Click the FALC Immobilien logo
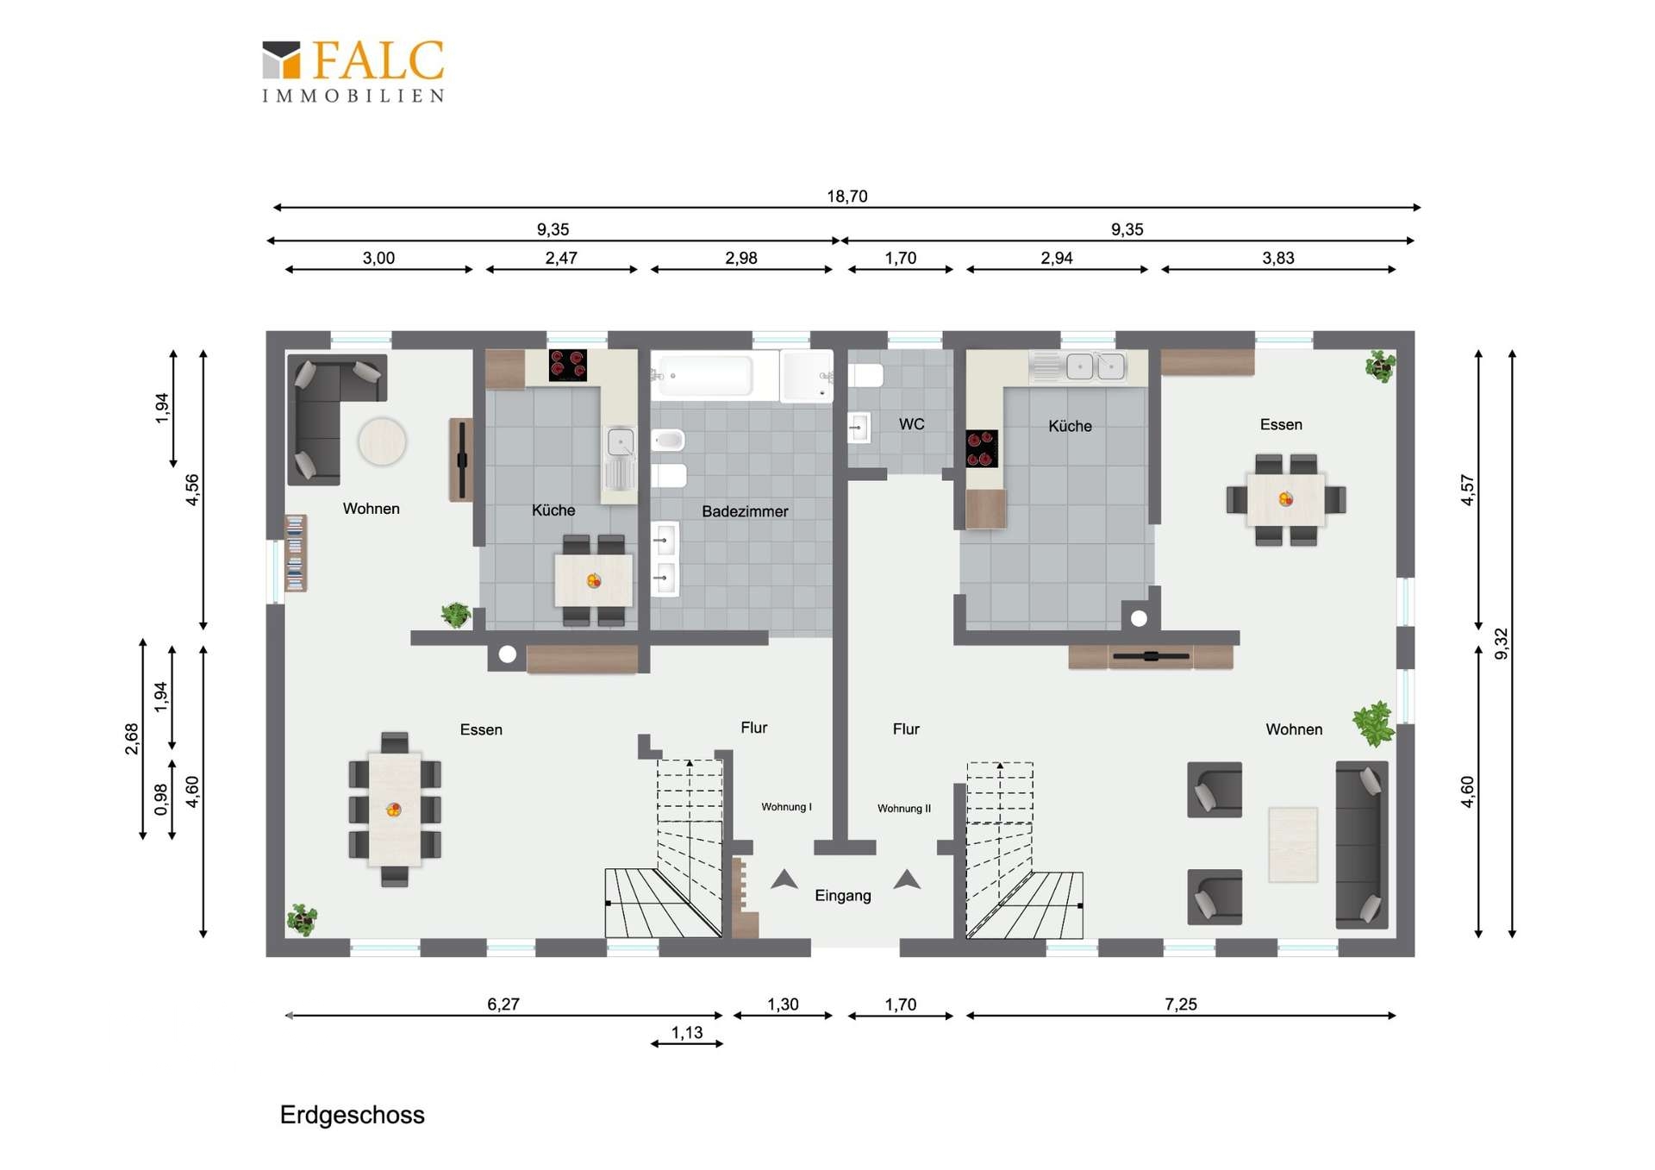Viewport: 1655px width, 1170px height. [x=353, y=71]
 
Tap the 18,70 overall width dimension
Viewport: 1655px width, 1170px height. [x=846, y=197]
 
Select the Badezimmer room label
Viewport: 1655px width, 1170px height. [x=745, y=511]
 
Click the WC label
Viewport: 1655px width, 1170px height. [x=911, y=424]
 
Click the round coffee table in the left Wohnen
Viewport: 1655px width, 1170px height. [x=382, y=441]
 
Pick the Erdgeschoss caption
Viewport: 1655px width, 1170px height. [x=352, y=1115]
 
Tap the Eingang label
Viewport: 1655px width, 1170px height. [x=842, y=896]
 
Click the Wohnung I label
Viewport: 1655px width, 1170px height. [x=786, y=807]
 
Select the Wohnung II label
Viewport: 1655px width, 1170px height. [x=904, y=809]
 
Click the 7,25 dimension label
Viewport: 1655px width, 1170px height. [x=1181, y=1004]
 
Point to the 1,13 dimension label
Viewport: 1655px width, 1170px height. [x=687, y=1032]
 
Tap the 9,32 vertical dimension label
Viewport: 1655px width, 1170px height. [x=1501, y=643]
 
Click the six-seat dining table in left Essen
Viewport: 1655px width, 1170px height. [x=395, y=810]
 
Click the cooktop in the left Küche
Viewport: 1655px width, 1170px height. [x=567, y=365]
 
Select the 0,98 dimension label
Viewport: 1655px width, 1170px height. [x=161, y=799]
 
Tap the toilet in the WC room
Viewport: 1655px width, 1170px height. [x=866, y=375]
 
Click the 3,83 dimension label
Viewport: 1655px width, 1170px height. [x=1277, y=258]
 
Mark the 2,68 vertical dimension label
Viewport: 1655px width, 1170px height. [x=131, y=739]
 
